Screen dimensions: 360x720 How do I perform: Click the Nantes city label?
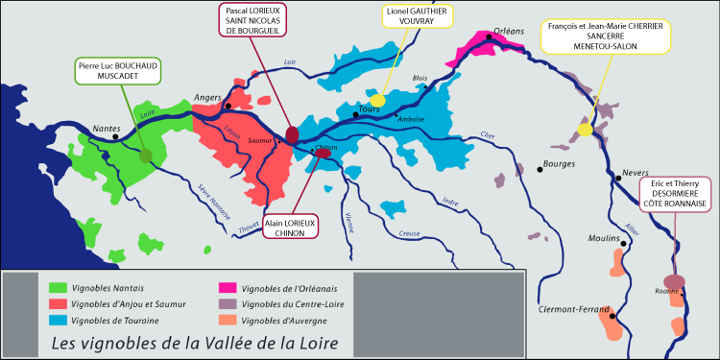(x=107, y=127)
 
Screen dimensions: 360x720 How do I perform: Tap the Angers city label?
(x=208, y=96)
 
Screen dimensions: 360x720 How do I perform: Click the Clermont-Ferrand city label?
(x=576, y=309)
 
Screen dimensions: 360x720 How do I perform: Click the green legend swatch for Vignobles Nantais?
(x=57, y=286)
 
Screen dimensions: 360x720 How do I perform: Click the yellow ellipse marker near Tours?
(x=377, y=100)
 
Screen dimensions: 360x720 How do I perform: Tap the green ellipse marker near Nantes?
(x=145, y=155)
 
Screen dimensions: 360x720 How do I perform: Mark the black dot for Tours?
(x=355, y=114)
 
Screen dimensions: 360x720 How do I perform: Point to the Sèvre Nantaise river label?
(x=213, y=201)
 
